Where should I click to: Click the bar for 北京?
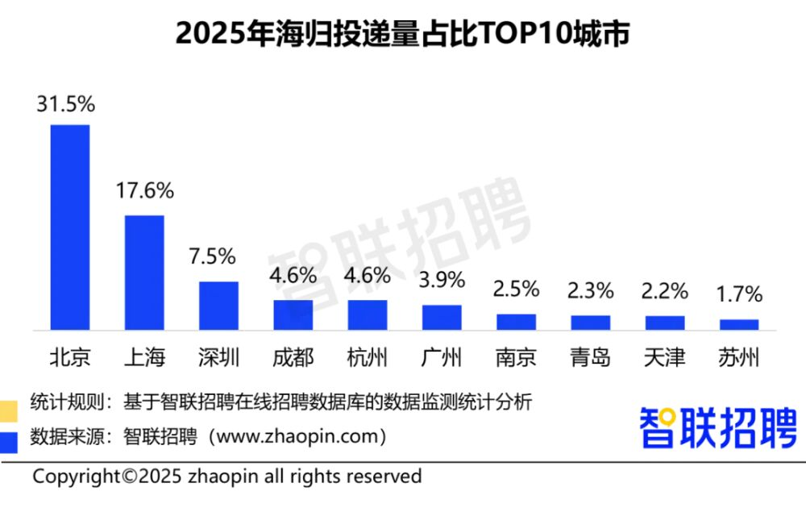tap(70, 227)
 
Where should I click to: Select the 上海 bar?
tap(144, 273)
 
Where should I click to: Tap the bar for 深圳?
tap(218, 306)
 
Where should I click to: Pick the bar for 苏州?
tap(739, 324)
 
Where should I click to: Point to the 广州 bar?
tap(442, 318)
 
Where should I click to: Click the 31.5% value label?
tap(66, 104)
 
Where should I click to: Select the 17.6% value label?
tap(144, 191)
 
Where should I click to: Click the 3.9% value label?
tap(442, 280)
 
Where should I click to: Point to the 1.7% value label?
tap(739, 294)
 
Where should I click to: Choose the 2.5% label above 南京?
tap(516, 289)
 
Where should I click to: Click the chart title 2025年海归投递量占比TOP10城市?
tap(402, 35)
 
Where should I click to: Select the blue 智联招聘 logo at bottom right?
tap(718, 427)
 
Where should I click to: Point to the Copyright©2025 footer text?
tap(226, 477)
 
